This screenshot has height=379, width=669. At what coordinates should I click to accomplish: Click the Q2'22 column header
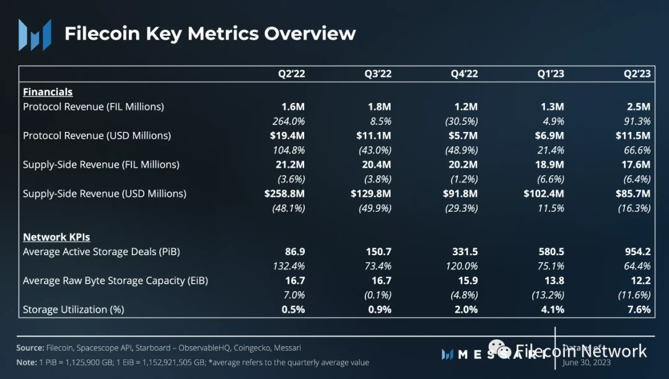tap(291, 74)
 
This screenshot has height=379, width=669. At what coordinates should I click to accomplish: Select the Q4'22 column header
tap(465, 74)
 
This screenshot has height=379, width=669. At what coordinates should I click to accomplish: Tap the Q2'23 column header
tap(637, 74)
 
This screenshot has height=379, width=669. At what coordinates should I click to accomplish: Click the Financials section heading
tap(48, 92)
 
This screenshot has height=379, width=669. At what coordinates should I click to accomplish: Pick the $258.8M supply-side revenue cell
tap(284, 193)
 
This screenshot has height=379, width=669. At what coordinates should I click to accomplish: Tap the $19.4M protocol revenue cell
tap(288, 135)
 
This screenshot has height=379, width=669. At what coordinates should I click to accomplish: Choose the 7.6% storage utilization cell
tap(639, 309)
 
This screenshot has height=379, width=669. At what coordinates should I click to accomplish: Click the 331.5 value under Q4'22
tap(465, 251)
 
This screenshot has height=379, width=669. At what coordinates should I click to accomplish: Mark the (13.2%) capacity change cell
tap(548, 295)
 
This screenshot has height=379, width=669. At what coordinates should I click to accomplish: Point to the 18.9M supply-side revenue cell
tap(550, 164)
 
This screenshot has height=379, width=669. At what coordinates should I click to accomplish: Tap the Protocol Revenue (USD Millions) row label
tap(97, 135)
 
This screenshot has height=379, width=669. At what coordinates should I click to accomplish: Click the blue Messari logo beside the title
tap(35, 35)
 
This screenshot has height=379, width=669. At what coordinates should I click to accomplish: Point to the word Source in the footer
tap(30, 348)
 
